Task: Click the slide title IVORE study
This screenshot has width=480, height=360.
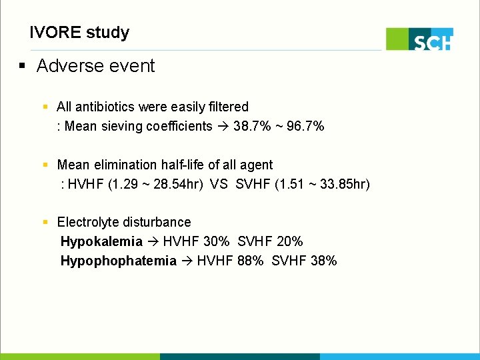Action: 79,32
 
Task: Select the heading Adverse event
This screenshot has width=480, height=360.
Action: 95,66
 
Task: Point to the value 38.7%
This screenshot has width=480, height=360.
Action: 252,126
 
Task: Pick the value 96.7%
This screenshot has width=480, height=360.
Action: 305,126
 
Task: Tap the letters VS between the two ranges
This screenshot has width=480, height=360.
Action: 219,184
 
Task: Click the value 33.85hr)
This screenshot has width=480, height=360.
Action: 345,184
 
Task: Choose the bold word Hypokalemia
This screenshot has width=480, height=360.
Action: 101,241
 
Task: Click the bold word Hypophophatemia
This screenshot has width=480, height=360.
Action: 119,261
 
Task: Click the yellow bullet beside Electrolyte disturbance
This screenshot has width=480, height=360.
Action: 45,222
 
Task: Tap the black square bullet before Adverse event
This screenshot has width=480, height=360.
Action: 22,66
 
